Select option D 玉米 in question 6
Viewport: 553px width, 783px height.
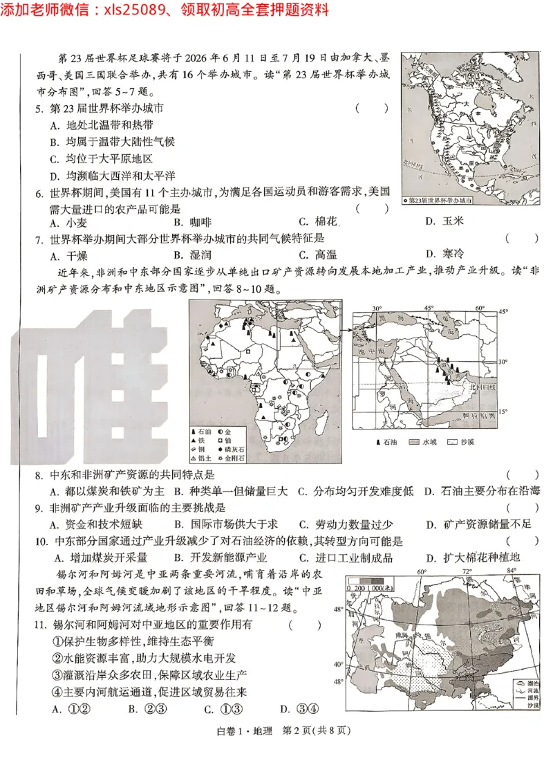tap(443, 221)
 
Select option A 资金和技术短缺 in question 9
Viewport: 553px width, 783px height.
tap(97, 525)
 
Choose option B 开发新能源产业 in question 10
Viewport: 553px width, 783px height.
tap(220, 558)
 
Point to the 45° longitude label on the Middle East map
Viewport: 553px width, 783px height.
tap(429, 308)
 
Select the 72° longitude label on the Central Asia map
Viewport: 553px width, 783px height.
tap(467, 572)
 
